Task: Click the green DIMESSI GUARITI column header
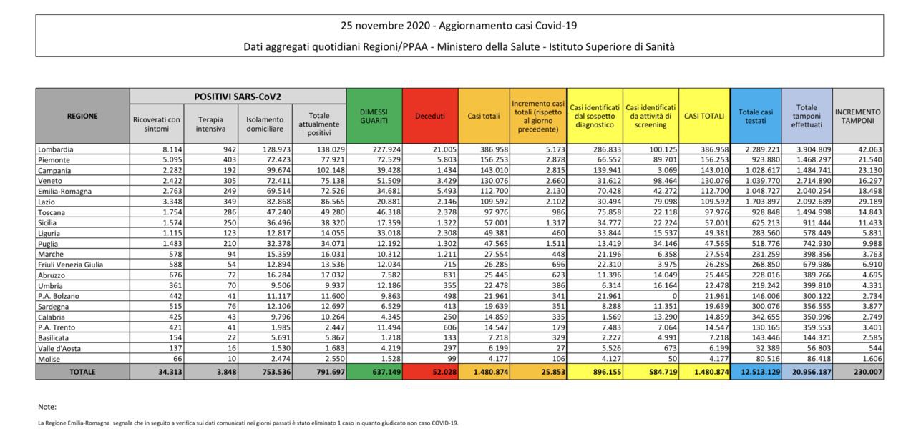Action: pyautogui.click(x=374, y=116)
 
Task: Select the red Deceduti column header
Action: pyautogui.click(x=430, y=116)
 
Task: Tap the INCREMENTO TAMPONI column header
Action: pyautogui.click(x=858, y=117)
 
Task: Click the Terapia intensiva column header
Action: pyautogui.click(x=211, y=124)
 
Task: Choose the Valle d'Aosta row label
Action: pyautogui.click(x=62, y=348)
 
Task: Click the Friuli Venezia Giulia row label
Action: pyautogui.click(x=70, y=265)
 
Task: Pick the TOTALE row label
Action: pyautogui.click(x=82, y=372)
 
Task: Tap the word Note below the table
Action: pyautogui.click(x=47, y=407)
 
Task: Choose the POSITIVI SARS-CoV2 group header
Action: pyautogui.click(x=238, y=96)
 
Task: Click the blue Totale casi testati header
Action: pyautogui.click(x=756, y=117)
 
